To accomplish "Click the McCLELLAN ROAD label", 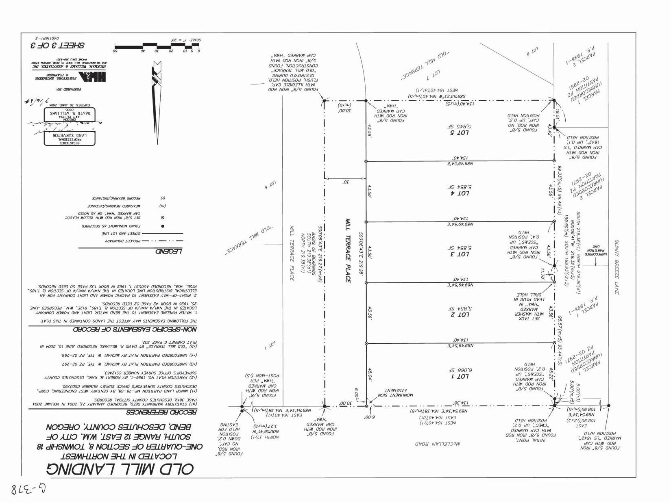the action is click(437, 444).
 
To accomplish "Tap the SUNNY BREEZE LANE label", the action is click(617, 267).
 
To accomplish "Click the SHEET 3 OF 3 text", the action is click(58, 46).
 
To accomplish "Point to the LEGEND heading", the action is click(169, 251).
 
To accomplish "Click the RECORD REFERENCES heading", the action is click(161, 412).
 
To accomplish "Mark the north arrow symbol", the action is click(156, 102).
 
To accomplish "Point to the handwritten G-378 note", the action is click(26, 489).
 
